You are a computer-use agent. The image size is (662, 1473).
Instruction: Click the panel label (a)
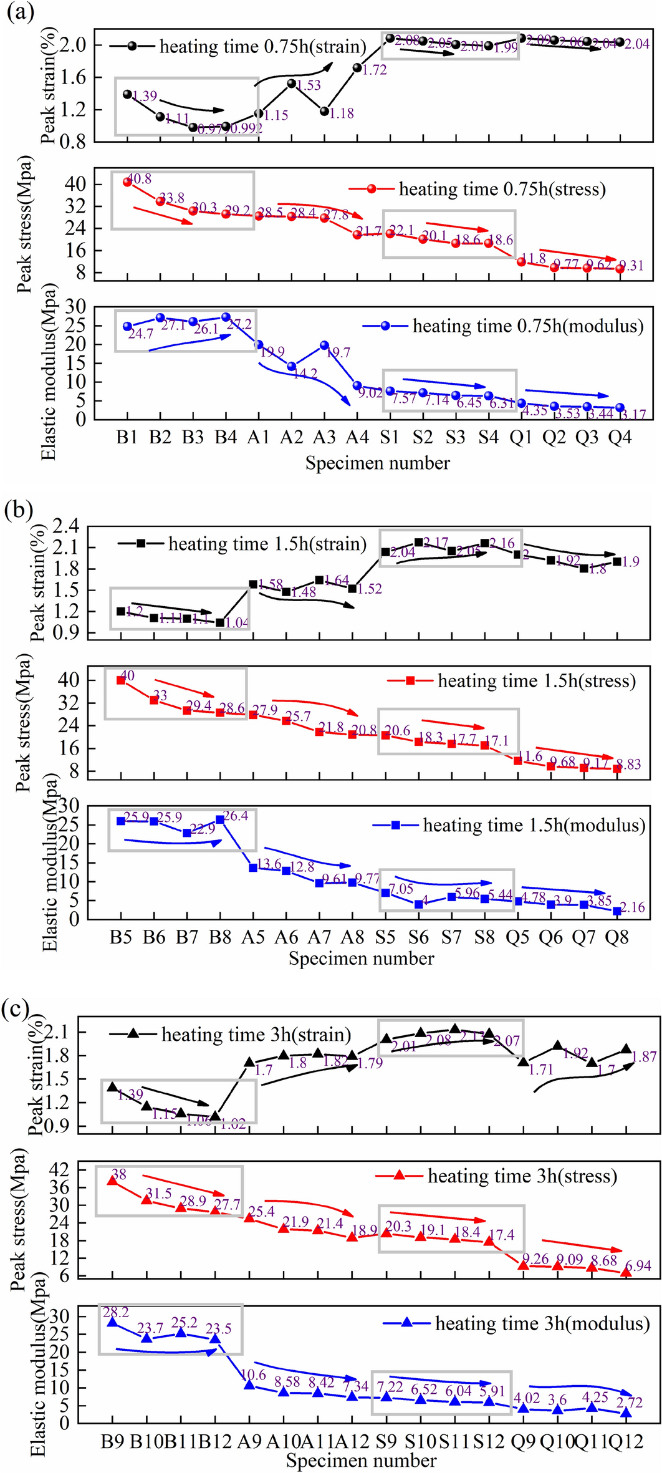pos(19,12)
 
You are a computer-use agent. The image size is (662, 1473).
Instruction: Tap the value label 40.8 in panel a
pos(139,179)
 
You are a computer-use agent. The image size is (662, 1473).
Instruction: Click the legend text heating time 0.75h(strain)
pos(262,47)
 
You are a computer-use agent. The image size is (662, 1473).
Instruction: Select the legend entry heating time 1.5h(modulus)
pos(534,826)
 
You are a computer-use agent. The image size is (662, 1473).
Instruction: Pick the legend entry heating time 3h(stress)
pos(522,1176)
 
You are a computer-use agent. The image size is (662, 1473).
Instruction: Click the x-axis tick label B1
pos(127,437)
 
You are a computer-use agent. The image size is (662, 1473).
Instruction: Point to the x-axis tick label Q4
pos(620,437)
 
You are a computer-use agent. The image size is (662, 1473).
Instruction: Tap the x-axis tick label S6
pos(418,937)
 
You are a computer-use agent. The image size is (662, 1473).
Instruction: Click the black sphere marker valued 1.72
pos(357,67)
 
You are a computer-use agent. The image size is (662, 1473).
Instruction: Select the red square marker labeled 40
pos(121,680)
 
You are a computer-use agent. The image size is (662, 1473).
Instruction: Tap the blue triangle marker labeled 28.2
pos(112,1321)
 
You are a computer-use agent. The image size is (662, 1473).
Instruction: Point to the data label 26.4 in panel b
pos(236,816)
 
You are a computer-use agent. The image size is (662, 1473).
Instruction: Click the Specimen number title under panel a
pos(377,463)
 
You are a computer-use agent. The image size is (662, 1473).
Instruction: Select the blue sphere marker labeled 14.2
pos(291,366)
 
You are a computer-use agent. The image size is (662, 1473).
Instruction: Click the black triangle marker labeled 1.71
pos(524,1061)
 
